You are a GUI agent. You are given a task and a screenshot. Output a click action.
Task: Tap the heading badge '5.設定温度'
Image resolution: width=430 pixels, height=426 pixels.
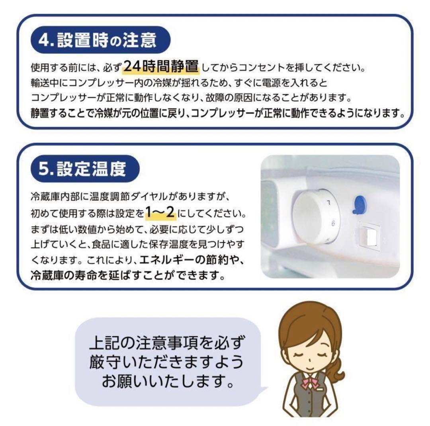84,169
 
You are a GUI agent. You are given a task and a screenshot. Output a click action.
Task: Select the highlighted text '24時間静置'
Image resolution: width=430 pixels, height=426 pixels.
161,66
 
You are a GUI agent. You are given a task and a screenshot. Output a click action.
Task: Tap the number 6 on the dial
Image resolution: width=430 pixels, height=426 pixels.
333,224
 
